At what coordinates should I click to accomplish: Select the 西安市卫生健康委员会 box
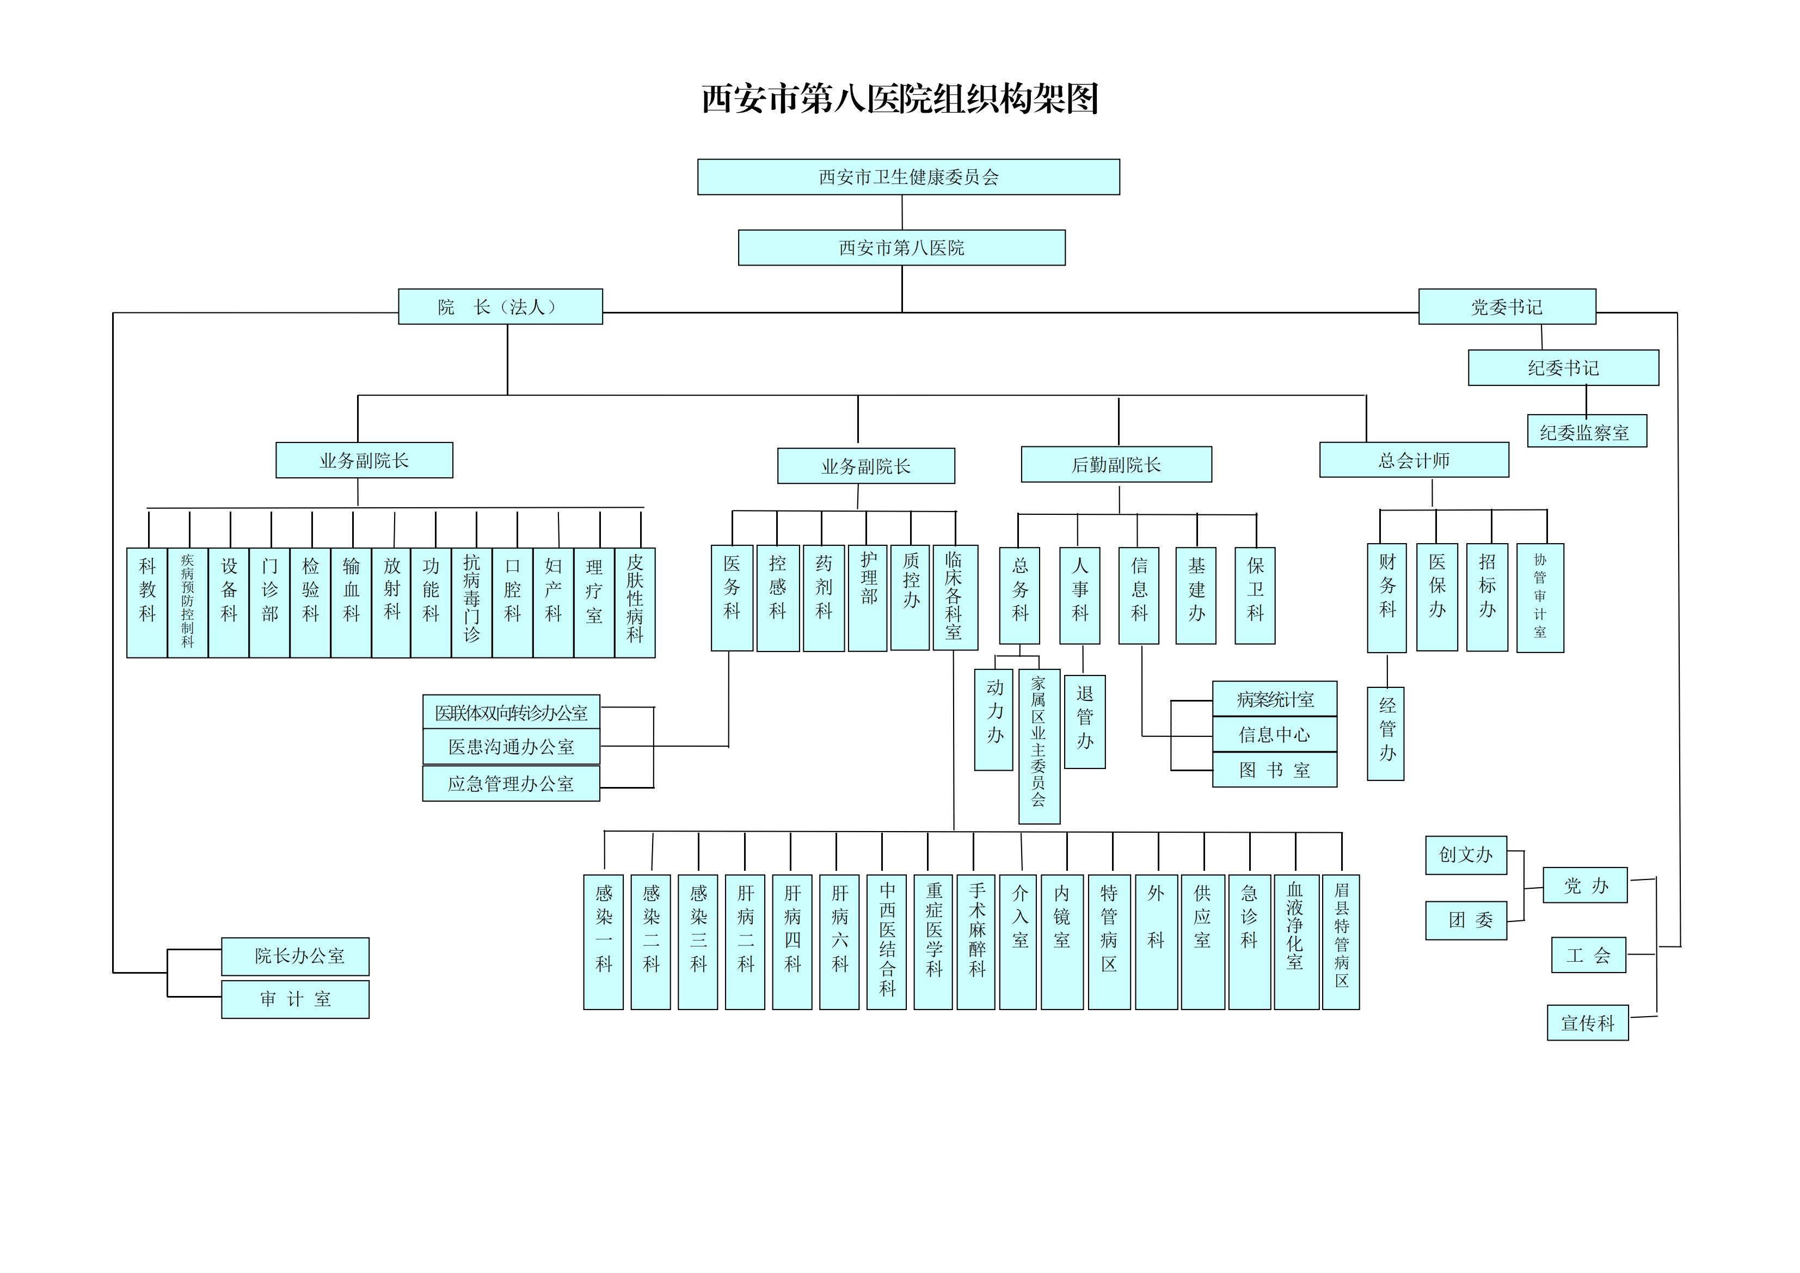pos(908,177)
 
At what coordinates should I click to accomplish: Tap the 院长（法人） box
pos(500,306)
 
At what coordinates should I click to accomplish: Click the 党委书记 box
pos(1506,306)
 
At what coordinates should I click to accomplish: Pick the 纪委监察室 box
pos(1586,431)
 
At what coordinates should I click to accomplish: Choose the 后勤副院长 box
pos(1116,465)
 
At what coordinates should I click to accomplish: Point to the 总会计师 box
pos(1414,460)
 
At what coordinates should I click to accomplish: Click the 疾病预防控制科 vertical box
pos(187,602)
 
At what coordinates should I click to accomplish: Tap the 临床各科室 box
pos(954,597)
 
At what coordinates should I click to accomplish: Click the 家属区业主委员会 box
pos(1039,746)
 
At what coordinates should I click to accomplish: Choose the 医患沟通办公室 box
pos(511,746)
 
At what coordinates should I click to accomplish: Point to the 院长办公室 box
pos(296,956)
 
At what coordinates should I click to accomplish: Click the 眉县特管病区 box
pos(1341,942)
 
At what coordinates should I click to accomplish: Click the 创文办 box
pos(1465,854)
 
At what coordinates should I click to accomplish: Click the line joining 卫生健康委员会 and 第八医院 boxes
pos(902,212)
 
